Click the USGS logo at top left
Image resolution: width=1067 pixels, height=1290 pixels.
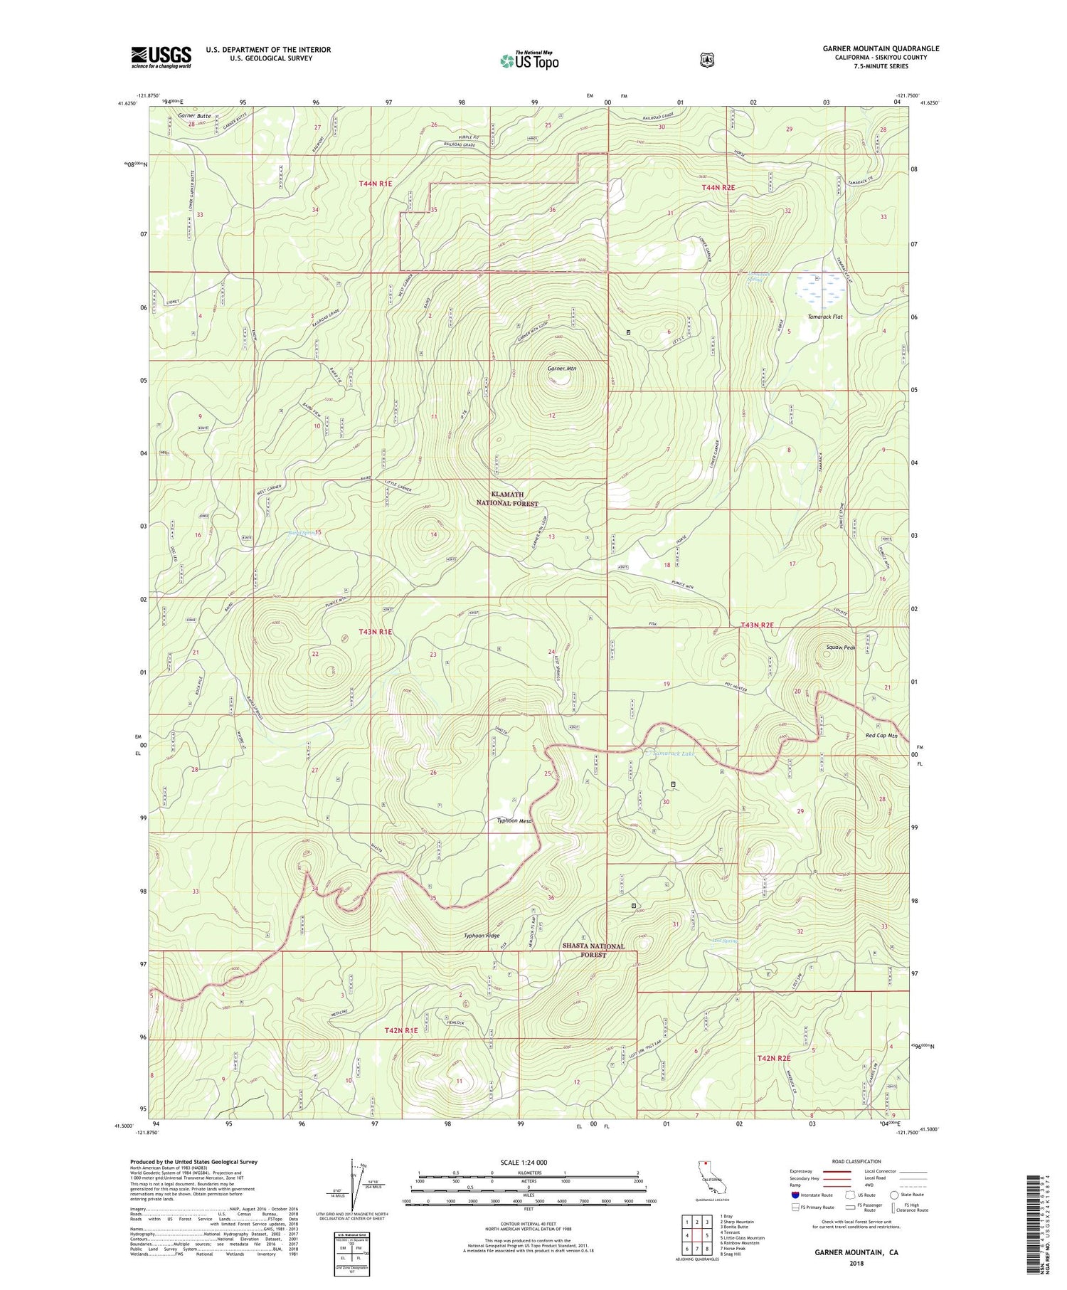[x=161, y=57]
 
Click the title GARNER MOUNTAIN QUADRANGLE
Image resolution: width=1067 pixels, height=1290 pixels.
[x=881, y=48]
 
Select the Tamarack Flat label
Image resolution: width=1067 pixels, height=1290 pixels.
[x=824, y=317]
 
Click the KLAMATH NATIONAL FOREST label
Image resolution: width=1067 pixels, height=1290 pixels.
[x=507, y=499]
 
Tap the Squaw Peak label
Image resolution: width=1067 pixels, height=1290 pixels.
[x=840, y=647]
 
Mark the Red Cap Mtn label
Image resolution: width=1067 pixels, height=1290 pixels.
[x=882, y=736]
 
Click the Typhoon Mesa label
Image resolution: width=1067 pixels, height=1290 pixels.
[x=514, y=820]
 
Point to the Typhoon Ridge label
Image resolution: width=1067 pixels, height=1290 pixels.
[x=482, y=936]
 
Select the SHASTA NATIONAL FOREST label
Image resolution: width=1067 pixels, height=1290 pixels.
[x=593, y=950]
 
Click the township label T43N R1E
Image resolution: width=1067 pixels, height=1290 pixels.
[x=376, y=632]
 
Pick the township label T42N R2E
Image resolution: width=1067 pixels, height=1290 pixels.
[x=774, y=1058]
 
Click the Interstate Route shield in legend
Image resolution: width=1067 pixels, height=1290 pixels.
[x=795, y=1195]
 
